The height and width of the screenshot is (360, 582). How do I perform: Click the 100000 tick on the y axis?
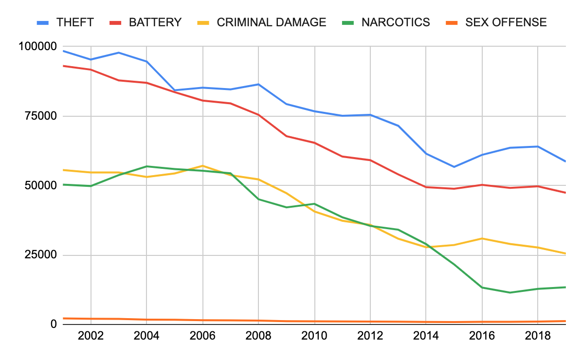[37, 47]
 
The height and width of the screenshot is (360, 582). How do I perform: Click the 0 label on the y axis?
[54, 324]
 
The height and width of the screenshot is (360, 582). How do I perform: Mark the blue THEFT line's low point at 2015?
[454, 167]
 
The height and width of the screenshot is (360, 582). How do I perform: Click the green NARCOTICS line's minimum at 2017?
[510, 292]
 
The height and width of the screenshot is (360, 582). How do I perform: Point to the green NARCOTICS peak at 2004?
[146, 166]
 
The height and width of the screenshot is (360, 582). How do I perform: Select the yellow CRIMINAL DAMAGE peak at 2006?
[202, 166]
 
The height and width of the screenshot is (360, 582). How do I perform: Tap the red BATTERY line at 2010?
[314, 143]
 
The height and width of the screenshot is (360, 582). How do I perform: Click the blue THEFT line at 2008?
[258, 84]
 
